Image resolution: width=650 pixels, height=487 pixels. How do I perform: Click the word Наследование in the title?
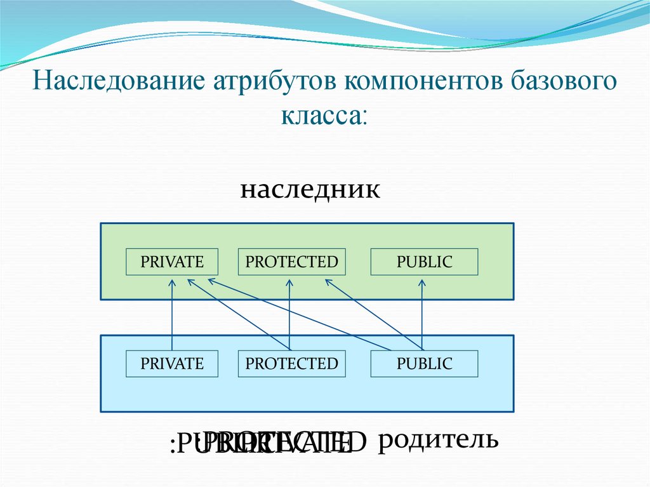coord(118,83)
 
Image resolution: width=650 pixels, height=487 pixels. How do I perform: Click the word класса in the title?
coord(322,117)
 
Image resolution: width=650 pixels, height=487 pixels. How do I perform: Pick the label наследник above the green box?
coord(310,189)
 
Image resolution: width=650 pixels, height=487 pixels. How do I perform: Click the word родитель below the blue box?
coord(438,439)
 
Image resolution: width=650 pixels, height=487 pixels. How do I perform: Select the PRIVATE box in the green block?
coord(172,262)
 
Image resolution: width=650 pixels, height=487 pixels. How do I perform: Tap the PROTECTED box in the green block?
coord(291,262)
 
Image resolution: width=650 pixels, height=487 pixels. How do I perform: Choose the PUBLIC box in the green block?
coord(424,262)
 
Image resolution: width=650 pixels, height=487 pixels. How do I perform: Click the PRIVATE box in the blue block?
coord(172,364)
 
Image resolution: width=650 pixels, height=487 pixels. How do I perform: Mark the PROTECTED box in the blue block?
coord(291,364)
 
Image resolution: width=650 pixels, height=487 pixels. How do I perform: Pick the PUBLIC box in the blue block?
coord(424,364)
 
